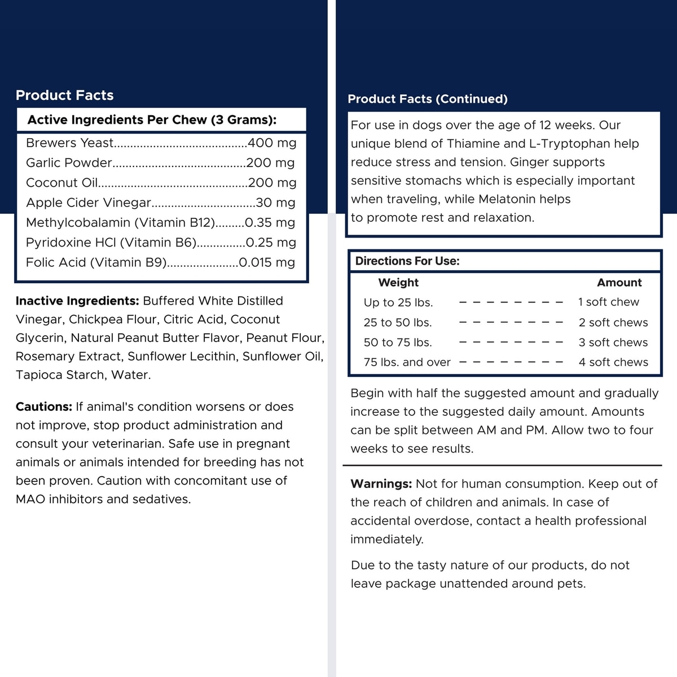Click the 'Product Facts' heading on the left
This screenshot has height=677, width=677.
[x=64, y=95]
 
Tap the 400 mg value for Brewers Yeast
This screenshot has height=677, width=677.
[x=272, y=143]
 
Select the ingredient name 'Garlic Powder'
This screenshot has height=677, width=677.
[x=69, y=163]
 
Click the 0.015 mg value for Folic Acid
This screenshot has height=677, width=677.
[x=267, y=262]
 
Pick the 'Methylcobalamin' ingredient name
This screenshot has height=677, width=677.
[x=70, y=223]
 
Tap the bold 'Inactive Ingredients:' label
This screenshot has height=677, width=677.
[x=77, y=301]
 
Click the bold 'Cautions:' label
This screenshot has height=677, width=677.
[x=44, y=407]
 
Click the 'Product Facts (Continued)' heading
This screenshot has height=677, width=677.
[x=427, y=99]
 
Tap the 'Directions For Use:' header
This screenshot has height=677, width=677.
[x=407, y=261]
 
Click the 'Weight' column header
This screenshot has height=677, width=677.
[x=398, y=283]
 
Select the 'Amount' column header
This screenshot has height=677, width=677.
[x=619, y=283]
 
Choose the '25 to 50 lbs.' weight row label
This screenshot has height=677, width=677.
[x=398, y=323]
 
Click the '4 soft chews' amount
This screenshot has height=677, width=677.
[x=613, y=362]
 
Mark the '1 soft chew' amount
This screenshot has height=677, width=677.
[x=609, y=302]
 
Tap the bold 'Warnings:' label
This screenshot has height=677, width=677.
[x=381, y=484]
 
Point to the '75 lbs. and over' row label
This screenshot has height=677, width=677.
[x=407, y=362]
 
